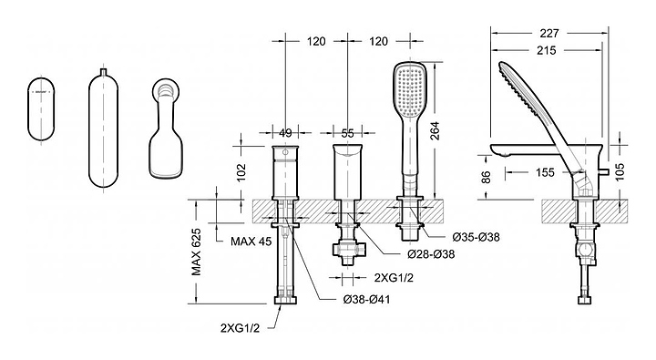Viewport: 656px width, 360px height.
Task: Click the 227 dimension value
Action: pos(549,33)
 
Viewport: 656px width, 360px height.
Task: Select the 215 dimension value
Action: pos(547,51)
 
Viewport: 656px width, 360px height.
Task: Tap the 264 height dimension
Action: pos(435,130)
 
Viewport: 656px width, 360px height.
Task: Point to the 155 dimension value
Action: pos(545,172)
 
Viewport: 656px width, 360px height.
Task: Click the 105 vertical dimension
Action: pos(620,171)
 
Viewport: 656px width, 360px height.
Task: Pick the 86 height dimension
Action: pos(486,177)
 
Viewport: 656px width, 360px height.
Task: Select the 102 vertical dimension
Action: pos(241,172)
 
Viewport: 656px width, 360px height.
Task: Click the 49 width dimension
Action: pos(285,133)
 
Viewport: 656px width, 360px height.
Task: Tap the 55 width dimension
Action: pos(348,133)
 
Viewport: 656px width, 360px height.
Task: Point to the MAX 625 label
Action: pos(196,252)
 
